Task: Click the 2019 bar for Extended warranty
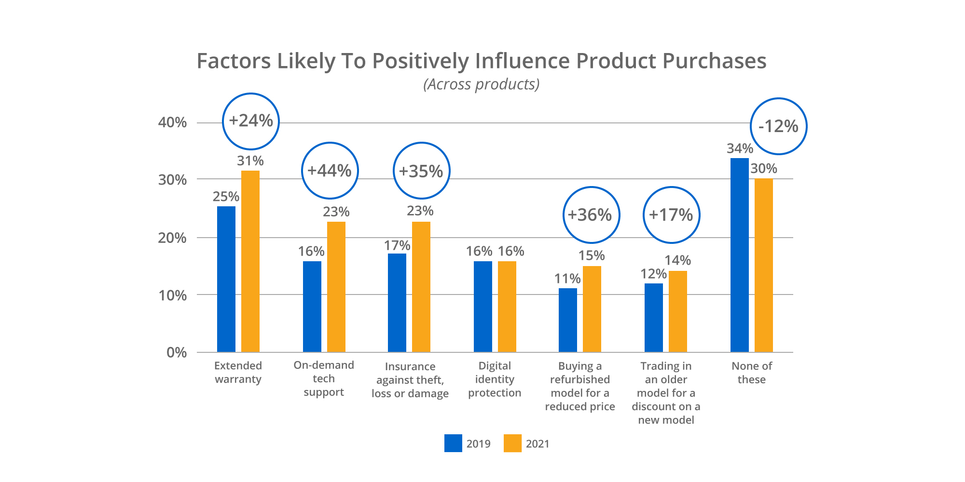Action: tap(226, 280)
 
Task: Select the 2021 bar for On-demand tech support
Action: tap(336, 287)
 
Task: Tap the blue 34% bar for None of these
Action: tap(739, 255)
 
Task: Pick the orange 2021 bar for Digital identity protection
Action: tap(507, 307)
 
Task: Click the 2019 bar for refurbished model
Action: tap(568, 321)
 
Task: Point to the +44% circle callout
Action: tap(330, 171)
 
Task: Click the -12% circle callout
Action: tap(778, 126)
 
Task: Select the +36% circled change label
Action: tap(591, 215)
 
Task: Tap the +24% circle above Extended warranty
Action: tap(251, 121)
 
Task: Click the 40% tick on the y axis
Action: tap(173, 122)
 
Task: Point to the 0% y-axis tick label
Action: tap(177, 353)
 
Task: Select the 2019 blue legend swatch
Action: tap(453, 443)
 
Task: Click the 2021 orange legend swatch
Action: tap(512, 443)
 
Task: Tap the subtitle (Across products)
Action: tap(482, 84)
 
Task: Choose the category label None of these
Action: tap(752, 373)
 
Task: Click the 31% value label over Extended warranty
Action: tap(250, 161)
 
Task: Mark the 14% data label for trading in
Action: tap(677, 261)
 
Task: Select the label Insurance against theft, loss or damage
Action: tap(410, 380)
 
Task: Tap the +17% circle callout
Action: tap(671, 215)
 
